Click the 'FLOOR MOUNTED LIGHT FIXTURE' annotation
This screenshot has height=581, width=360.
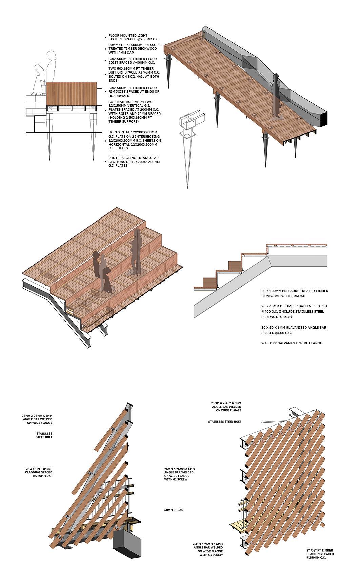pos(133,37)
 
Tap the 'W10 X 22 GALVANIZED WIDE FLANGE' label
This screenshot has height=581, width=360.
pos(292,343)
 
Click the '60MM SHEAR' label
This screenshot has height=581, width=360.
pos(174,510)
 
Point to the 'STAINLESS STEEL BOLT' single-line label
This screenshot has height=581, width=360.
pos(225,422)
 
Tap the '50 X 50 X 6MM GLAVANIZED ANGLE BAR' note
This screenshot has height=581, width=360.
pos(294,330)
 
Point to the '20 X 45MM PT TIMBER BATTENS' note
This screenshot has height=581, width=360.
pos(294,311)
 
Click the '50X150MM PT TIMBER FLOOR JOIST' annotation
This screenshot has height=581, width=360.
pos(133,61)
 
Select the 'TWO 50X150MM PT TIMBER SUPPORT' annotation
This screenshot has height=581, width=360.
pos(134,75)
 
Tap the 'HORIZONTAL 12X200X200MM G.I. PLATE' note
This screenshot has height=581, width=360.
pos(135,140)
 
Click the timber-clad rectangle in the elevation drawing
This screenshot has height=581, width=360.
pos(72,94)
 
